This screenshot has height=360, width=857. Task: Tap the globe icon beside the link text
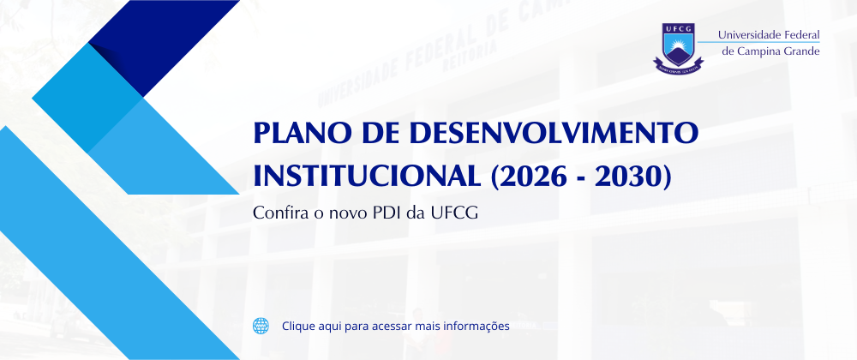tap(261, 326)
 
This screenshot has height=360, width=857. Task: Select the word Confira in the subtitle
tap(277, 213)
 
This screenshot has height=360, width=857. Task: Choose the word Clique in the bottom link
tap(297, 327)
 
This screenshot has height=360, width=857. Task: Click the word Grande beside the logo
tap(802, 51)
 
